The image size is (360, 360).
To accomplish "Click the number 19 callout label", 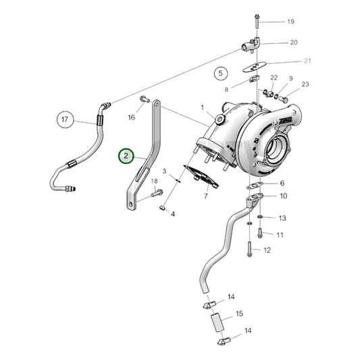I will point(290,22).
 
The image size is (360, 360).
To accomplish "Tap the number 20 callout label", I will point(293,43).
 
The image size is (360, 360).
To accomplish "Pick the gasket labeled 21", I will point(255,66).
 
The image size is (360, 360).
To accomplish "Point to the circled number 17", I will point(65,120).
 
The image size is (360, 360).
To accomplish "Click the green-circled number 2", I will point(126,157).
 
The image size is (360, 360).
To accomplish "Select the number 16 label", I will point(132,117).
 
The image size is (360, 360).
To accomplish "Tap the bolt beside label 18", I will point(159,193).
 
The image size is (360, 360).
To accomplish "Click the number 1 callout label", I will point(201,107).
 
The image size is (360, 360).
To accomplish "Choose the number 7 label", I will point(205,197).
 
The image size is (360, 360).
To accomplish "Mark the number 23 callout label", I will point(305,84).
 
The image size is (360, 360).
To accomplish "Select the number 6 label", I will point(282,183).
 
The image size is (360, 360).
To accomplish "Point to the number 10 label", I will point(283,196).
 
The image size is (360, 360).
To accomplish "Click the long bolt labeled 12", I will point(250,247).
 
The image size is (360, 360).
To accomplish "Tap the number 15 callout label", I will point(239,314).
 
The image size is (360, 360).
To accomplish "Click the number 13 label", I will point(282,218).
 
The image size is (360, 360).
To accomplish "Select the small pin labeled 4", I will point(163,209).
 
